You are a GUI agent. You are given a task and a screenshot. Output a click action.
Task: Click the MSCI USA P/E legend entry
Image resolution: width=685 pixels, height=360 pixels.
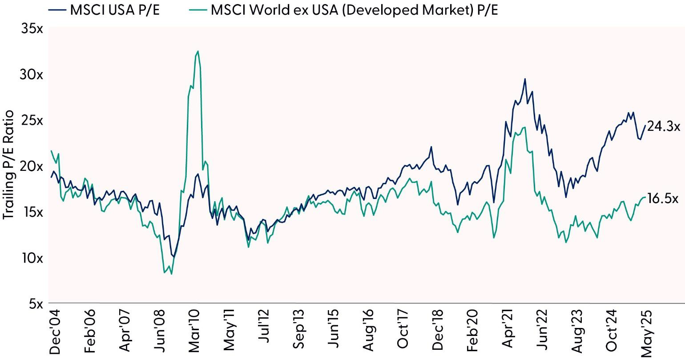tap(114, 10)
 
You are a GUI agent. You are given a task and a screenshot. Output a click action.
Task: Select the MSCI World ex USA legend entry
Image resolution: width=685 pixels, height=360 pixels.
tap(354, 10)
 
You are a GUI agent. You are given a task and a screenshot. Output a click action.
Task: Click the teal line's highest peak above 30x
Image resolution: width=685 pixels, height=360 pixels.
tap(197, 51)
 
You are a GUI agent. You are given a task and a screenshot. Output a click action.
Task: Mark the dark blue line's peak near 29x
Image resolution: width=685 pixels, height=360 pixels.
tap(525, 79)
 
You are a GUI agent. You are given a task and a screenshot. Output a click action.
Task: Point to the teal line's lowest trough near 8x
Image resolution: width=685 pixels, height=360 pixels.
tap(171, 274)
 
